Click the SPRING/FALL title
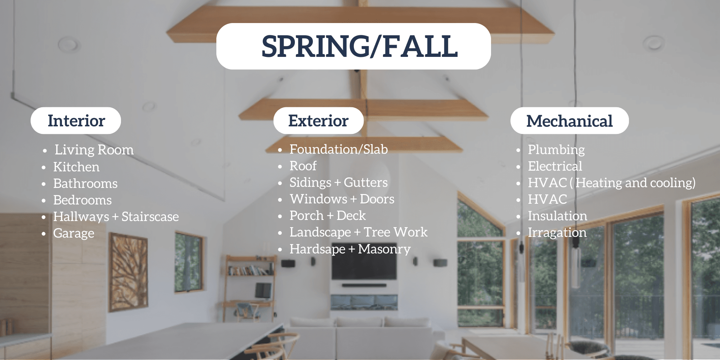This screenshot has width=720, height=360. (359, 46)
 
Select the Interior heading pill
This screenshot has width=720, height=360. (76, 121)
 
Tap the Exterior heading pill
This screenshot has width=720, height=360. (318, 121)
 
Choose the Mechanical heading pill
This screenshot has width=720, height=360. (569, 121)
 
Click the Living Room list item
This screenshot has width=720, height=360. (94, 150)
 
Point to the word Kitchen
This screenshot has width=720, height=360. (76, 167)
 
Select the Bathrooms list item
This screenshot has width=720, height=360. (85, 184)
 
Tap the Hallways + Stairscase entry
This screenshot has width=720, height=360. (116, 217)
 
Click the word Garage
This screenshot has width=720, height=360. (74, 233)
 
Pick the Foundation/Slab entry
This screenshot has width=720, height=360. (338, 149)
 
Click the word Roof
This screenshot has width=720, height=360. (303, 166)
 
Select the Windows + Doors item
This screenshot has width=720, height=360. (342, 199)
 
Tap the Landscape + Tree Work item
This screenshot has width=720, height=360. (359, 232)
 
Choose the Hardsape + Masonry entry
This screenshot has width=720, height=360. (350, 249)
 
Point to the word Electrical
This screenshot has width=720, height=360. (555, 166)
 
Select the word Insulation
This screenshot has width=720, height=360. (557, 216)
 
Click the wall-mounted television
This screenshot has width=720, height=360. (364, 268)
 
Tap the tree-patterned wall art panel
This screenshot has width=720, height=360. (128, 266)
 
